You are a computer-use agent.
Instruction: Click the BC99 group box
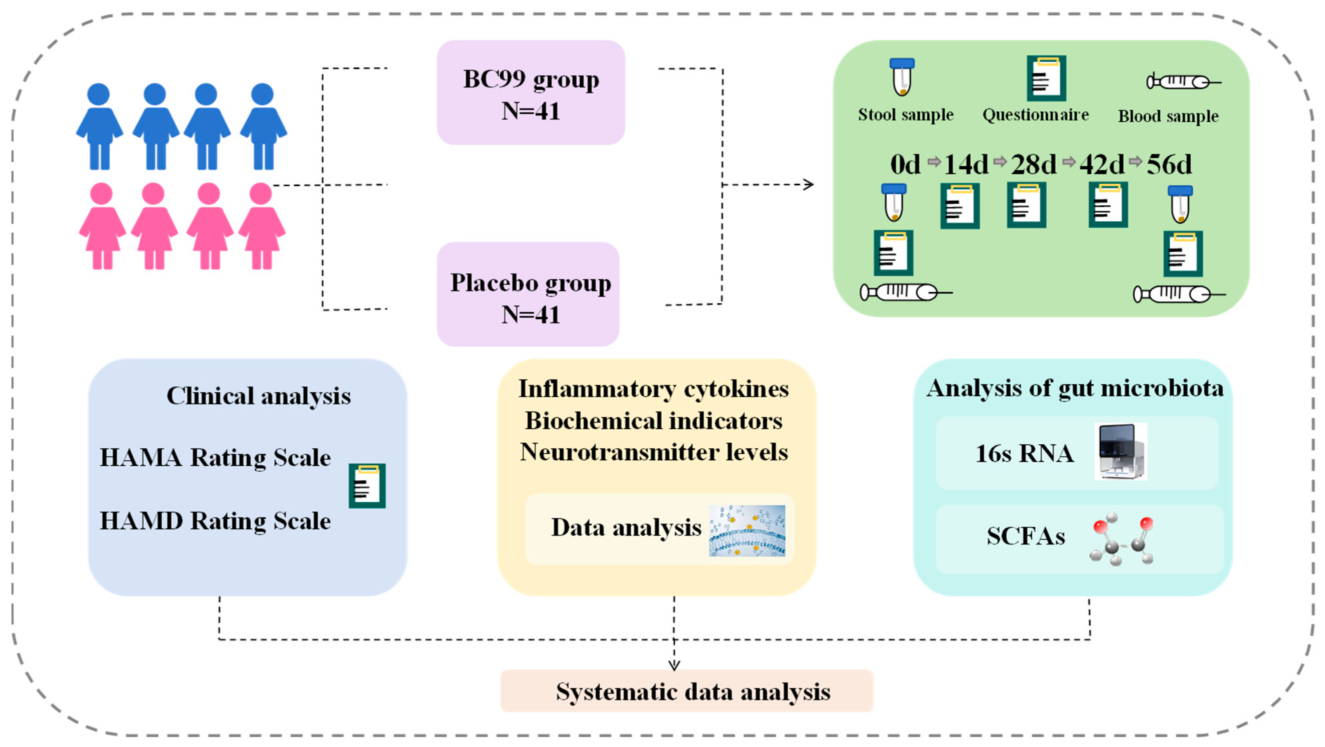click(531, 92)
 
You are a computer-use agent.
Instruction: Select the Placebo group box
click(528, 294)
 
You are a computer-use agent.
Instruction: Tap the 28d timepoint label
click(1033, 165)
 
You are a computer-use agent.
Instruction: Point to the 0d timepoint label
click(905, 165)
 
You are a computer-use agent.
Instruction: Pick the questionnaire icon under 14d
click(960, 206)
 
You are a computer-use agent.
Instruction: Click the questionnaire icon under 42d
click(1108, 204)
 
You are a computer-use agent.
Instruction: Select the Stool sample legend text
click(905, 115)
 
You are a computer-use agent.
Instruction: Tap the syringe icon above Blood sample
click(1183, 82)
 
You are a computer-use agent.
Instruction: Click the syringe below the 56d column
click(1178, 294)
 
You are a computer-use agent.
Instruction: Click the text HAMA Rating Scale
click(215, 457)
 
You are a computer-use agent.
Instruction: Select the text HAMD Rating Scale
click(215, 521)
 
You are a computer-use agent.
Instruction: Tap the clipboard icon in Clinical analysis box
click(367, 486)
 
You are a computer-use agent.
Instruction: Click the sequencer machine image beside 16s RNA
click(1121, 451)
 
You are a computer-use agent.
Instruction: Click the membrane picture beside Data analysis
click(747, 530)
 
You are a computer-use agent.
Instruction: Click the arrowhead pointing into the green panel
click(809, 184)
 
